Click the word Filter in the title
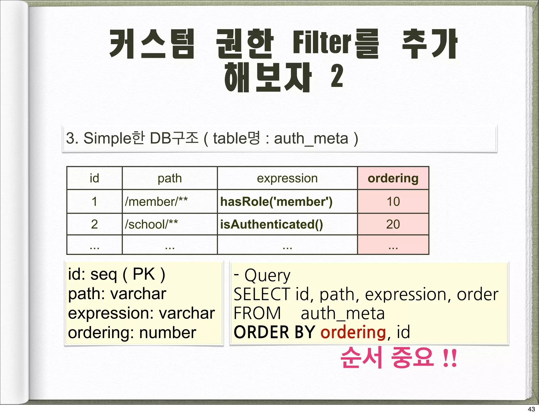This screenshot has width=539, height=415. pos(322,44)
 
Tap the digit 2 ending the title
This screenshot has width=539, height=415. pos(337,76)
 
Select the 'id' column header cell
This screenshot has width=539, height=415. pos(94,178)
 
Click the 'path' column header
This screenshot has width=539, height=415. pos(170,178)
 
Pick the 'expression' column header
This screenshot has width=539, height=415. pos(287,178)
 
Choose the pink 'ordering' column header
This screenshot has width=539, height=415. pos(393,178)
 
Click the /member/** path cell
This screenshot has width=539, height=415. pos(156,202)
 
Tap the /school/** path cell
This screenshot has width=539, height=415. pos(151,224)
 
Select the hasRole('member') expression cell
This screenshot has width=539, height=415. pos(276,202)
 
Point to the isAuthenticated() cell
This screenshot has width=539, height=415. pos(271,224)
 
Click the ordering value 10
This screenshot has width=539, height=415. pos(393,202)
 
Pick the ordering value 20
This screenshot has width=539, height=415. pos(393,224)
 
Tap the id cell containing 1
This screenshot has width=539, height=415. pos(94,202)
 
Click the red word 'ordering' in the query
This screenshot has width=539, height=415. pos(353,332)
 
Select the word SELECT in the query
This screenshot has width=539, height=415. pos(262,294)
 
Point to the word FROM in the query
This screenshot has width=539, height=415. pos(257,313)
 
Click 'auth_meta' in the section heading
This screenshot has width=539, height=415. pos(311,139)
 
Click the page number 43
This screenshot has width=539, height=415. pos(531,409)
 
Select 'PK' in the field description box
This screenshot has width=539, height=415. pos(144,274)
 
